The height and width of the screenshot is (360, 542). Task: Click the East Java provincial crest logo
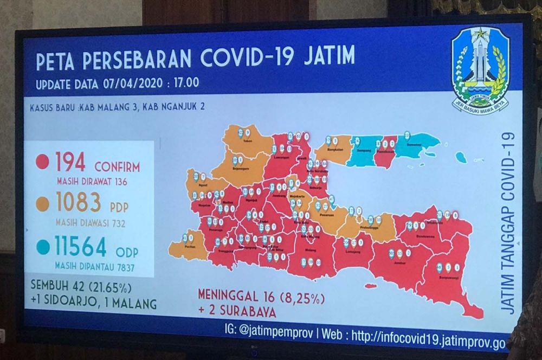[x=480, y=69]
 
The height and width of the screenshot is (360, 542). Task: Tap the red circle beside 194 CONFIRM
[x=42, y=162]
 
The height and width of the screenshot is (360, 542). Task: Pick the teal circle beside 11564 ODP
[x=42, y=247]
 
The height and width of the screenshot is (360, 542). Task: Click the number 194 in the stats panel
[x=70, y=162]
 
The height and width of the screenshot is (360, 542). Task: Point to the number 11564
[x=80, y=247]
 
